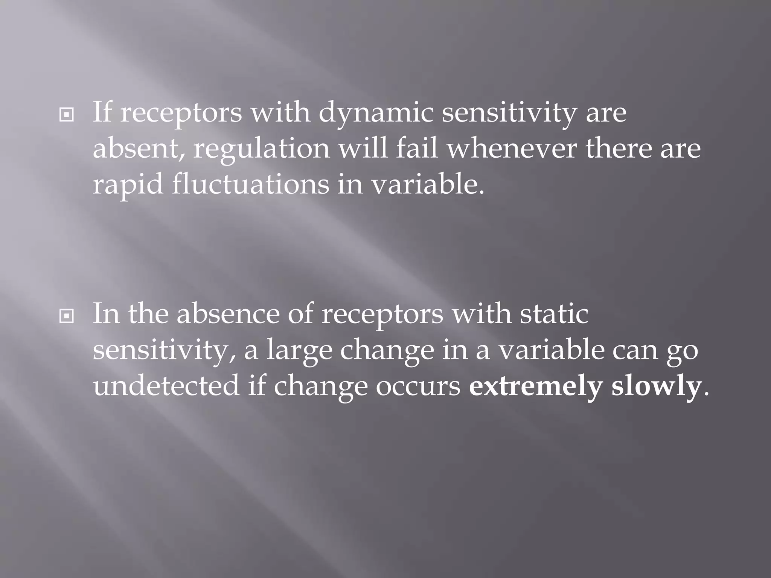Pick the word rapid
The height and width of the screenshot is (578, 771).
128,185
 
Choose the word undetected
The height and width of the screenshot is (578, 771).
166,386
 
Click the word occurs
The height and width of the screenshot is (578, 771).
418,387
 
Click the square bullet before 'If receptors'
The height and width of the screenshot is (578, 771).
67,115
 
